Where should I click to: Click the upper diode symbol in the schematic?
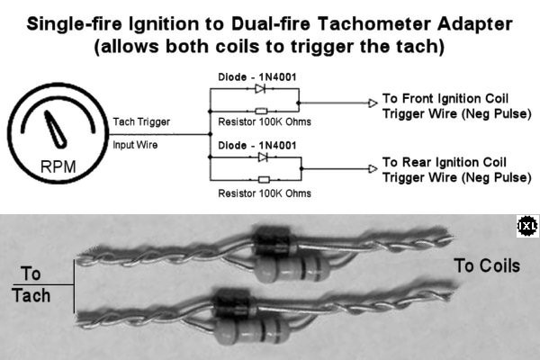(x=260, y=88)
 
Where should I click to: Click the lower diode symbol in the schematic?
(x=263, y=157)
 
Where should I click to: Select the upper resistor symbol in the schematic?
(x=261, y=111)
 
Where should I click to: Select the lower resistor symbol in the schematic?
(x=264, y=179)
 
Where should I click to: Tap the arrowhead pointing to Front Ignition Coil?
(x=373, y=103)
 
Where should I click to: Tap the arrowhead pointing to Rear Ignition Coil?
(x=373, y=169)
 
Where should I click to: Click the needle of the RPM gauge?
(x=56, y=130)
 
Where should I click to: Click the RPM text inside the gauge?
(x=58, y=167)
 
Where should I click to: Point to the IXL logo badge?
(x=527, y=226)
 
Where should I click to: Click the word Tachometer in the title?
(x=373, y=24)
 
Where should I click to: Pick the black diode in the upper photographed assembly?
(x=274, y=240)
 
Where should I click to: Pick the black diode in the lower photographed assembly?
(x=235, y=303)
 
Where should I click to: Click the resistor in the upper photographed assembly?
(x=292, y=267)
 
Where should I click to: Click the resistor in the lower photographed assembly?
(x=252, y=330)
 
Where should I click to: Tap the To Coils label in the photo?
(x=487, y=266)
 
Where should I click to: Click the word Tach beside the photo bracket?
(x=31, y=295)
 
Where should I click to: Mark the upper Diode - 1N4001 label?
(x=257, y=76)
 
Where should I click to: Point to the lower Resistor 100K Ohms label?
(x=265, y=193)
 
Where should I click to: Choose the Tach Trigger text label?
(x=141, y=122)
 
